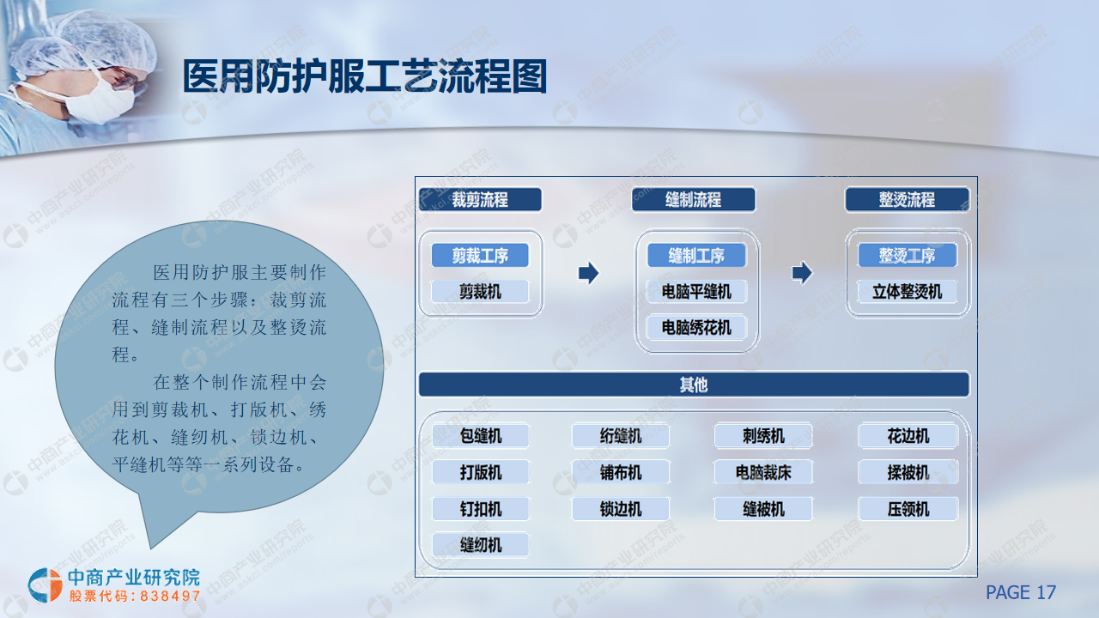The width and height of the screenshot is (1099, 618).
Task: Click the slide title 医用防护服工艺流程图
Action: click(365, 76)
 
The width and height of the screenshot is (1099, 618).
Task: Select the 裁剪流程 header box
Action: click(480, 200)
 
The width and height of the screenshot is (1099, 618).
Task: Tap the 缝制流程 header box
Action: click(693, 200)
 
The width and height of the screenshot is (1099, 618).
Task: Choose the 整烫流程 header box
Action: click(908, 200)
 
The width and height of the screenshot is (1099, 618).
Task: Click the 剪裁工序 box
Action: click(480, 256)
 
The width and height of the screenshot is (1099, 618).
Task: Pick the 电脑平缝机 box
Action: click(696, 292)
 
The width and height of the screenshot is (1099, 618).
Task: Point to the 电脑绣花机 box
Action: click(696, 328)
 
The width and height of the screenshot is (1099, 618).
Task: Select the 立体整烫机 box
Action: click(908, 292)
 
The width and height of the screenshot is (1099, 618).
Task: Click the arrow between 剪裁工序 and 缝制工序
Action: click(589, 273)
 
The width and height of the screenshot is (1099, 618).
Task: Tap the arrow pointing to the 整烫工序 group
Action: click(802, 273)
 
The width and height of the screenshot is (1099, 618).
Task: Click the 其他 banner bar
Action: click(694, 385)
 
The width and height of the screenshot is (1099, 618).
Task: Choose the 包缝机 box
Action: click(481, 436)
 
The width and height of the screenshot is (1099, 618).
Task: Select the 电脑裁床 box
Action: click(763, 473)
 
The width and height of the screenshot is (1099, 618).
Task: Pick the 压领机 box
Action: click(908, 509)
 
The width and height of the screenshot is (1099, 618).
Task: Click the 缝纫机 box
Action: click(481, 545)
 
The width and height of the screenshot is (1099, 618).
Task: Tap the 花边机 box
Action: click(908, 436)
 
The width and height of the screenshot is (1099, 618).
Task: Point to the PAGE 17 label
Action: click(1021, 592)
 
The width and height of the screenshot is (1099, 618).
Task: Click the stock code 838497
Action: click(170, 596)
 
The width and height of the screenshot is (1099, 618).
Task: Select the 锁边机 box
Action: click(621, 509)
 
